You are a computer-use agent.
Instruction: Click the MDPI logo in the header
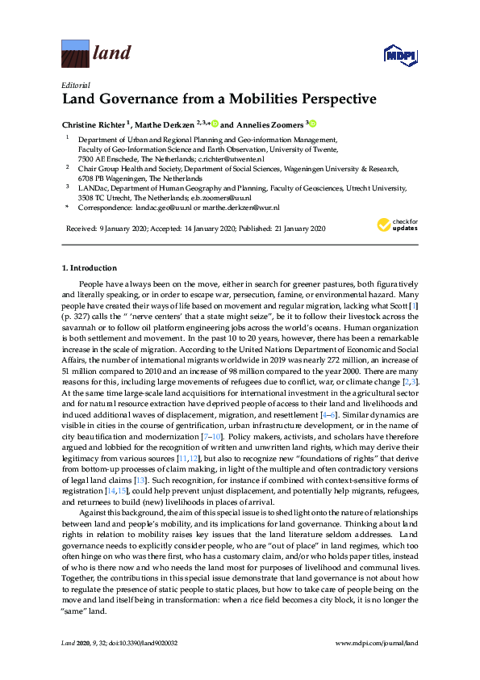[x=400, y=55]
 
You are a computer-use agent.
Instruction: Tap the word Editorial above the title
[x=76, y=84]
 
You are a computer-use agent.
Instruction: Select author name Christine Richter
[x=93, y=125]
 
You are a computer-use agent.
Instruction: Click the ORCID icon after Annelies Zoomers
[x=312, y=124]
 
